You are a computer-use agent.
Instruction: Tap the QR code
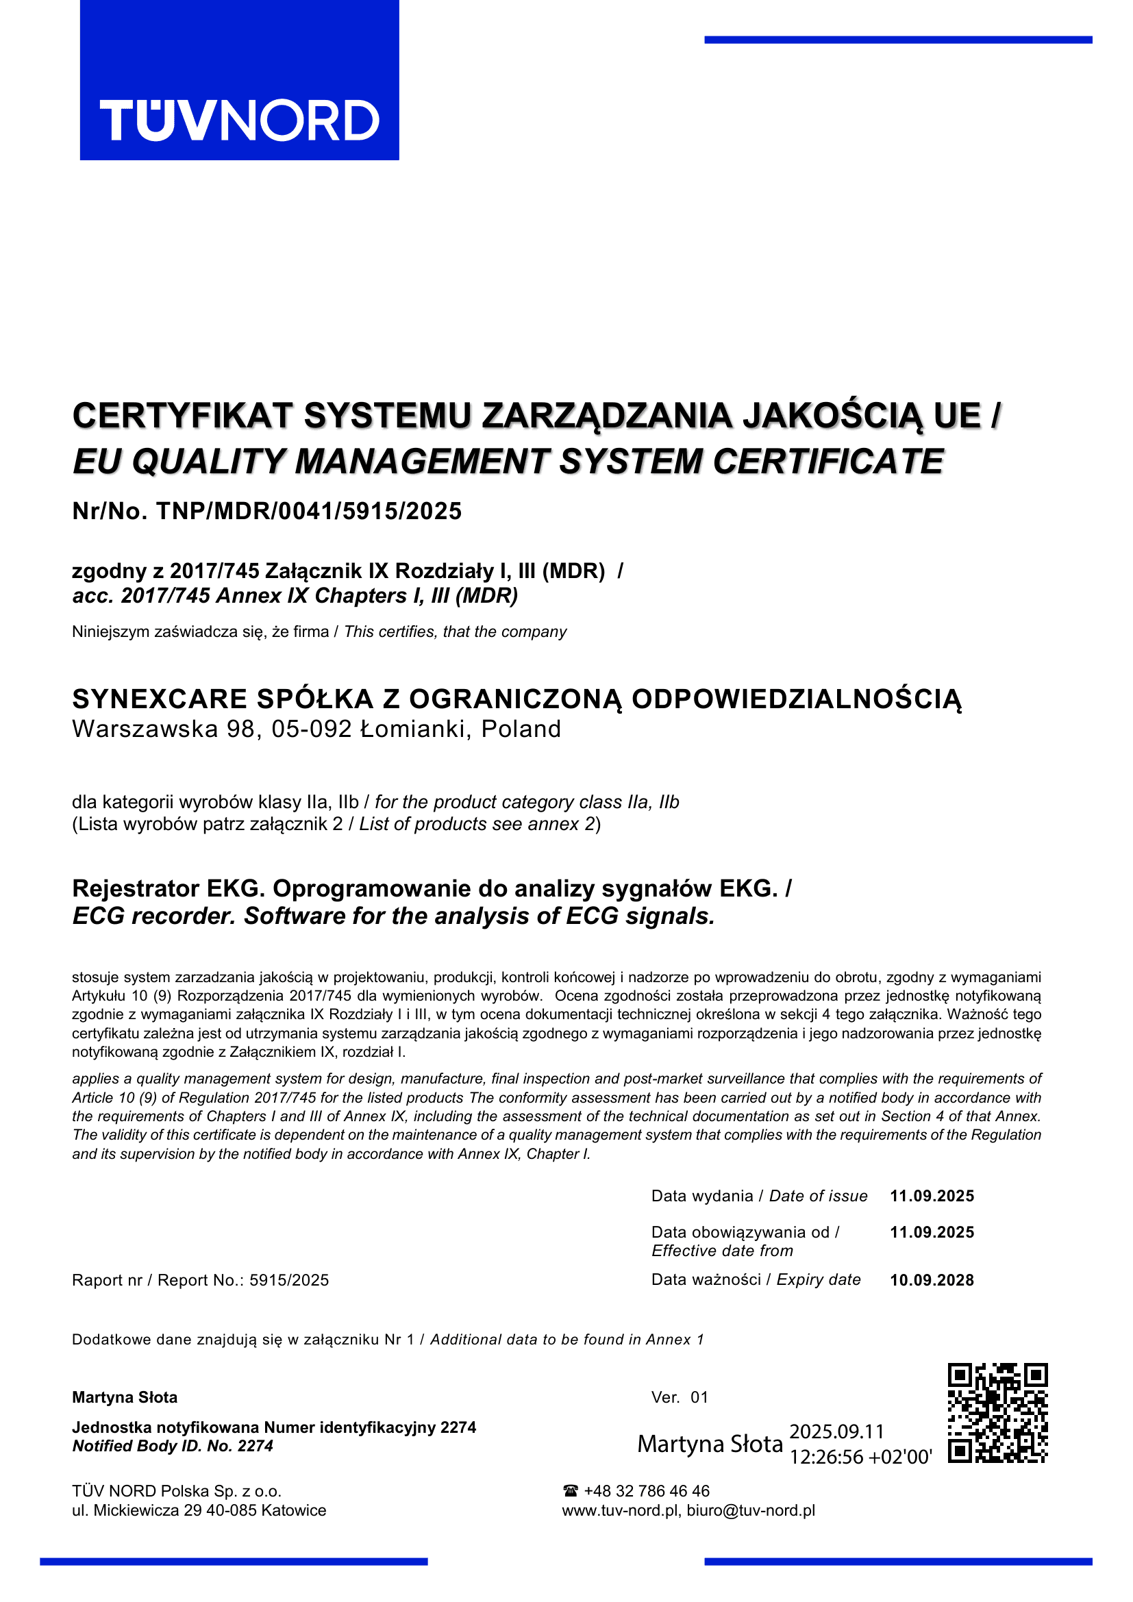point(997,1413)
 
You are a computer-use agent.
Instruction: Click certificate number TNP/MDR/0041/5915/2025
point(308,512)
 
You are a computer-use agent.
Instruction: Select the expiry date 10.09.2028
point(932,1279)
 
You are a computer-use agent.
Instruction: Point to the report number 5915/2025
point(289,1280)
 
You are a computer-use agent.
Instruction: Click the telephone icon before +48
point(570,1491)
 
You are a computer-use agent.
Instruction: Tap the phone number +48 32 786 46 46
point(647,1491)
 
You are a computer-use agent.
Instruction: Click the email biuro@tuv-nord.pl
point(751,1511)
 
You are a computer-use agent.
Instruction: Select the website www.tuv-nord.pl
point(620,1511)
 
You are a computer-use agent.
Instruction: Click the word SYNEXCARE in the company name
point(160,699)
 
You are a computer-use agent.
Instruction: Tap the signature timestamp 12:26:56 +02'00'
point(860,1457)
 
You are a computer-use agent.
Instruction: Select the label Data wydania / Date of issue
point(759,1196)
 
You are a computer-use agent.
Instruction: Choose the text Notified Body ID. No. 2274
point(173,1447)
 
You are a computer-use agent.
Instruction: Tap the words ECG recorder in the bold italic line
point(153,916)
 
